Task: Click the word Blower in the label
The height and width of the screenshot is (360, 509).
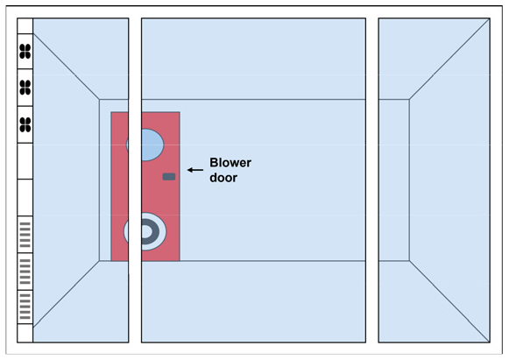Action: click(x=230, y=162)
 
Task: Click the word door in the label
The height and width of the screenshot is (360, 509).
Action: click(x=223, y=178)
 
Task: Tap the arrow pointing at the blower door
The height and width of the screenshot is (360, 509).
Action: click(x=195, y=170)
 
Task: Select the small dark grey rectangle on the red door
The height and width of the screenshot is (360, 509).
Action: click(x=169, y=177)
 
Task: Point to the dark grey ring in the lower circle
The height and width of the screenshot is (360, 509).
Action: click(x=150, y=231)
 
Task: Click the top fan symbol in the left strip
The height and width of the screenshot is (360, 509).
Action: click(x=25, y=52)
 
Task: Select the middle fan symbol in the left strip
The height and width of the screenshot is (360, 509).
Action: click(x=25, y=88)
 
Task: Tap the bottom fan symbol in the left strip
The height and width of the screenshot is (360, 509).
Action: click(x=25, y=124)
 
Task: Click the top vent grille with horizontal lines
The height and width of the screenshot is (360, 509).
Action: click(x=25, y=235)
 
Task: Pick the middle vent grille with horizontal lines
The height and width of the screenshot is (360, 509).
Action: click(x=25, y=271)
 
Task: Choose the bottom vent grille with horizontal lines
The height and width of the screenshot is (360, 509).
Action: click(x=25, y=307)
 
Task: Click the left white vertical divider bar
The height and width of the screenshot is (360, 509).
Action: click(x=135, y=180)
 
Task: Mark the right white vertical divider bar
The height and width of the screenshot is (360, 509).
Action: click(x=372, y=180)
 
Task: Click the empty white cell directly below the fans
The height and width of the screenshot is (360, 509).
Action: click(x=25, y=161)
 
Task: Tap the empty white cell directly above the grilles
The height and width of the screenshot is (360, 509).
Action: click(x=25, y=197)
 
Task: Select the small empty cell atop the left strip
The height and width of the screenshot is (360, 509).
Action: click(x=25, y=26)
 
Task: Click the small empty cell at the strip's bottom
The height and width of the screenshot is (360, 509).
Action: click(x=25, y=333)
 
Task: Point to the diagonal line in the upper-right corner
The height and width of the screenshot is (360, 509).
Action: click(x=449, y=59)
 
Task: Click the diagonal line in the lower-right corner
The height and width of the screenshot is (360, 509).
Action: click(x=449, y=301)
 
